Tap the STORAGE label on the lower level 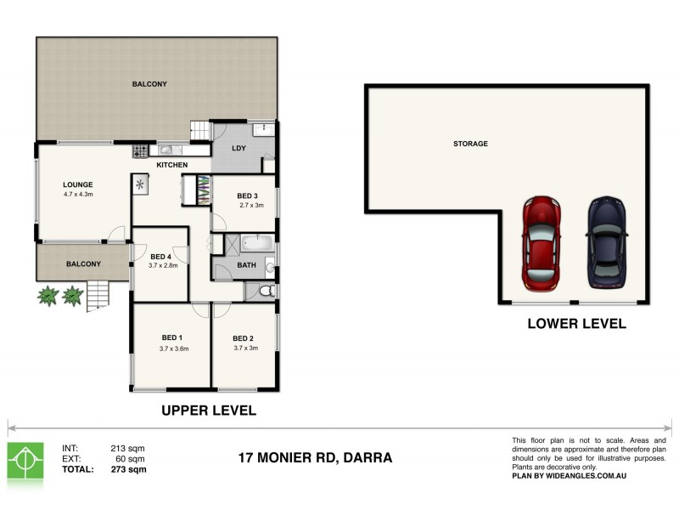tap(470, 144)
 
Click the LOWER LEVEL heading tap(576, 324)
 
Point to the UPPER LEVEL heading tap(209, 411)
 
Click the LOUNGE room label tap(77, 184)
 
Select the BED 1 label tap(172, 337)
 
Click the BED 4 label tap(160, 256)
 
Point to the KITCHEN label tap(172, 165)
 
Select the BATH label tap(246, 265)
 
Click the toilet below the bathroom tap(266, 292)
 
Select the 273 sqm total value tap(128, 469)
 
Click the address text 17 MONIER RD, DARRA tap(315, 457)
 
